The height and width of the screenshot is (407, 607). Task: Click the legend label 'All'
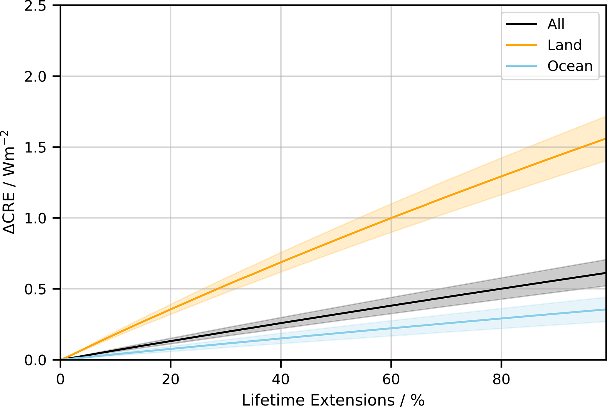[x=556, y=24]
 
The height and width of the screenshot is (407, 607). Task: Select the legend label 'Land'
[x=564, y=45]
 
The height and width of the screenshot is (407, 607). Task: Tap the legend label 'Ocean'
[x=570, y=66]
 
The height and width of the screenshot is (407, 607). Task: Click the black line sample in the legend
[x=522, y=24]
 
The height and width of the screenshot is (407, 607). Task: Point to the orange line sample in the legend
[x=522, y=45]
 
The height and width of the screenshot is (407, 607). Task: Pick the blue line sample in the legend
[x=522, y=66]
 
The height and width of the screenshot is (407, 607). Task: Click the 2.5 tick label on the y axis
[x=35, y=6]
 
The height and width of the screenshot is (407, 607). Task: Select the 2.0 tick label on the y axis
[x=35, y=77]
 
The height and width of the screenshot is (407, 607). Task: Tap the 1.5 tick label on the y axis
[x=35, y=147]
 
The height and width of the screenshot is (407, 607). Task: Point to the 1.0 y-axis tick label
[x=35, y=218]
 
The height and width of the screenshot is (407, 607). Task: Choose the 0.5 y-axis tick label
[x=35, y=289]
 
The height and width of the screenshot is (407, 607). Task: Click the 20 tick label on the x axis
[x=171, y=379]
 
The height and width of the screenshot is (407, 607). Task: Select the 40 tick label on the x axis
[x=281, y=379]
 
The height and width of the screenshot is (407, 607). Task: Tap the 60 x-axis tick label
[x=391, y=379]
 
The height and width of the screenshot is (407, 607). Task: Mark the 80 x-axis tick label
[x=501, y=379]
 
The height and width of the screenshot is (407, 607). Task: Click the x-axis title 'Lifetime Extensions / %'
[x=333, y=400]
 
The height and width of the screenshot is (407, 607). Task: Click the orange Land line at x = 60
[x=391, y=218]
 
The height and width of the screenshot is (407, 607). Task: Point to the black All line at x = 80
[x=501, y=289]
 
